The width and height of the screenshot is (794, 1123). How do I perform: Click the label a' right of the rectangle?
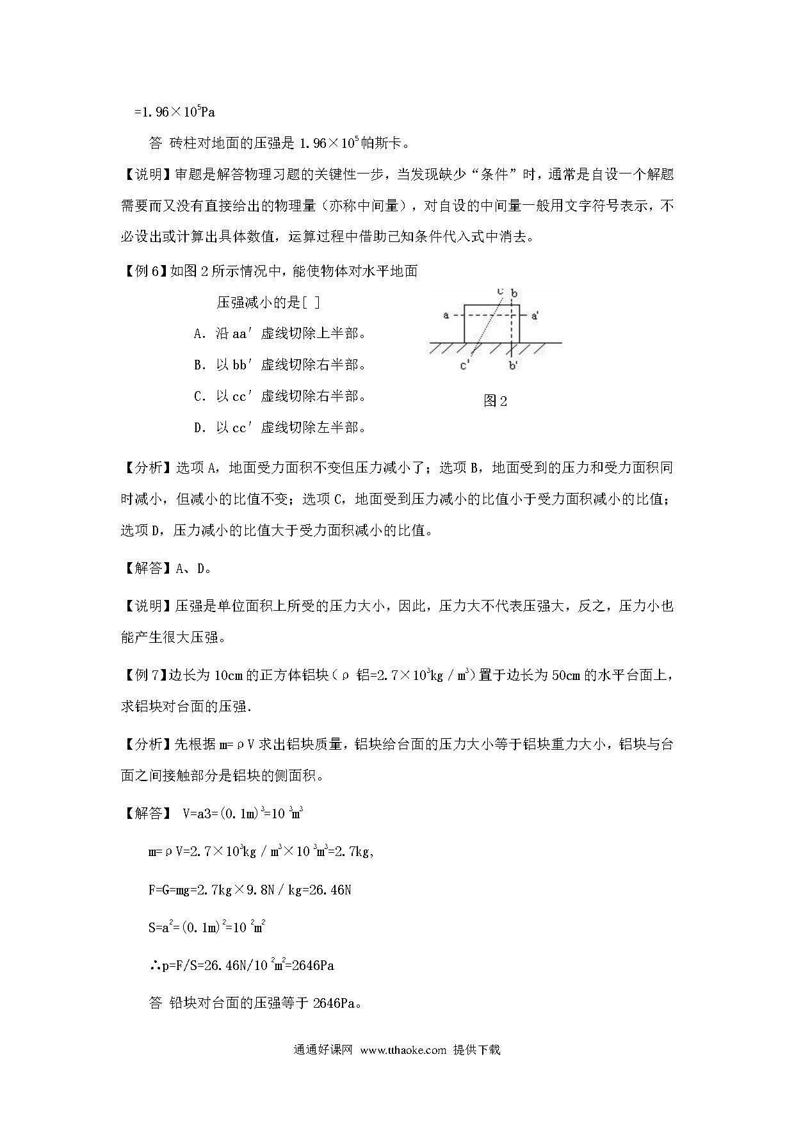pos(534,316)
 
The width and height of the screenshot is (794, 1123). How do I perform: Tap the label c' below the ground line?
pos(466,366)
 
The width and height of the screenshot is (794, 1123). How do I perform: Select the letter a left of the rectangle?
pos(446,315)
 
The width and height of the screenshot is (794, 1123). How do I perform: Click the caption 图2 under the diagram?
pos(495,401)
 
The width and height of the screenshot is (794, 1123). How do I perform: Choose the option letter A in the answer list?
pos(198,334)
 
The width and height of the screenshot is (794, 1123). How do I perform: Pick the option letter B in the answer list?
pos(198,365)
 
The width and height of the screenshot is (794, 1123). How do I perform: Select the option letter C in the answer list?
pos(198,396)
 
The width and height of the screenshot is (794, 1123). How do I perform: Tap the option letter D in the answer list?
pos(198,428)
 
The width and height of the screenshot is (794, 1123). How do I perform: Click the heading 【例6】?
pos(143,271)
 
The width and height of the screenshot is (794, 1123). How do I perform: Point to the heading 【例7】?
pos(143,675)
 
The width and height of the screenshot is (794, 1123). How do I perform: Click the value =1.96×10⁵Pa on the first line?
pos(174,112)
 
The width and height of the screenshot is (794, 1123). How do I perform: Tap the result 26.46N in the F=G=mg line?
pos(330,890)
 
